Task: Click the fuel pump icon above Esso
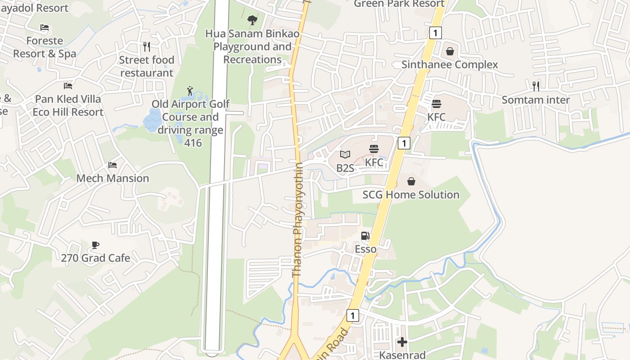(x=365, y=236)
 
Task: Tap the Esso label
(x=365, y=249)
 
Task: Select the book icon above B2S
(x=345, y=155)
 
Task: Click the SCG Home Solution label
(x=411, y=194)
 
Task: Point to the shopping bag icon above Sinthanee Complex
(x=450, y=51)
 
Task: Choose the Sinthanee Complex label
(x=450, y=64)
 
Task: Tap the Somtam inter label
(x=535, y=99)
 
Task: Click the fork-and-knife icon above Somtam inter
(x=535, y=86)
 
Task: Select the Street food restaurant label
(x=147, y=66)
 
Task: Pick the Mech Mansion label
(x=112, y=178)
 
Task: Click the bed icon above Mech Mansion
(x=112, y=165)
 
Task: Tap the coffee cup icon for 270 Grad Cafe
(x=95, y=245)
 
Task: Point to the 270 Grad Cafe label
(x=95, y=258)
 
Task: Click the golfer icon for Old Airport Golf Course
(x=190, y=91)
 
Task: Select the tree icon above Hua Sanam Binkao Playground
(x=252, y=20)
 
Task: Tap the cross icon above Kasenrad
(x=402, y=342)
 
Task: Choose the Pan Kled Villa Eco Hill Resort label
(x=68, y=105)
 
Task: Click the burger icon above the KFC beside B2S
(x=374, y=149)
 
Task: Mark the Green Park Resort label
(x=399, y=4)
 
